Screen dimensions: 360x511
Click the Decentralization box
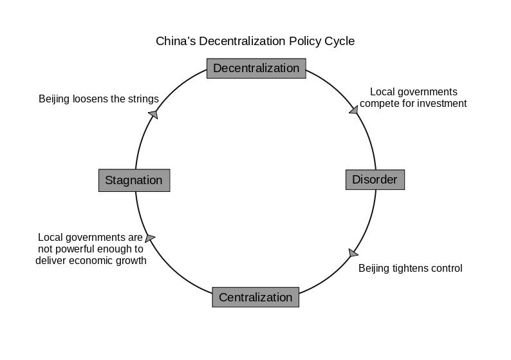(256, 68)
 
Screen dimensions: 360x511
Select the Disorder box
(375, 180)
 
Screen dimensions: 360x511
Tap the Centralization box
(256, 298)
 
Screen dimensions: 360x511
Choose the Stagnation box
(134, 180)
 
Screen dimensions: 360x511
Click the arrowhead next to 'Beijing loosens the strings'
(153, 114)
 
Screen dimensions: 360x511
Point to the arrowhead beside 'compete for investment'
(353, 110)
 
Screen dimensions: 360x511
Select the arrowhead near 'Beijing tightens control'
(353, 253)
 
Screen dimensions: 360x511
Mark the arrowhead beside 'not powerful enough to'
(150, 238)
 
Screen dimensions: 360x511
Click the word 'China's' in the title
(176, 41)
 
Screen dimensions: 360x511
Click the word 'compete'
(378, 104)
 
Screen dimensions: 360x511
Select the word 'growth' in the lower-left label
(131, 261)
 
